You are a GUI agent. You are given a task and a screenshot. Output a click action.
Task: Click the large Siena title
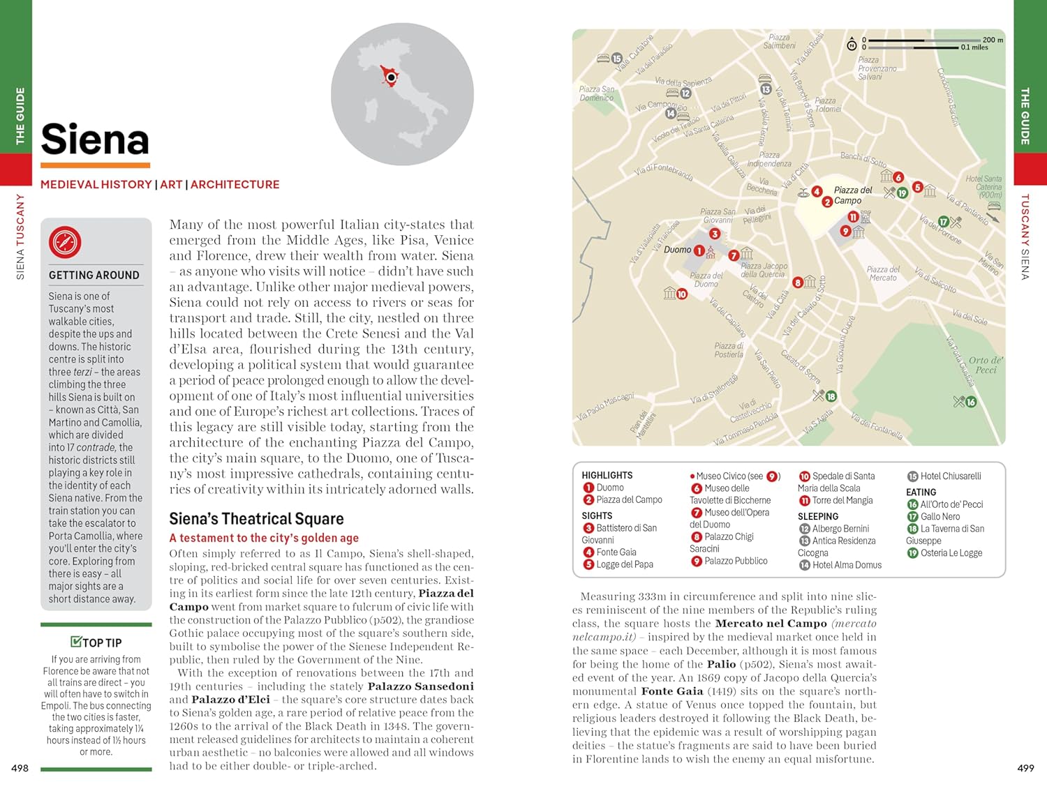pos(95,140)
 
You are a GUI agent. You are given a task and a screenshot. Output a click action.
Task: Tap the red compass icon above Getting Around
pos(65,243)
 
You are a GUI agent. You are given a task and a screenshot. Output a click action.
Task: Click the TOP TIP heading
pos(96,642)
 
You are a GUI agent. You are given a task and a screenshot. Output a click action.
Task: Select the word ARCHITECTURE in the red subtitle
pos(235,185)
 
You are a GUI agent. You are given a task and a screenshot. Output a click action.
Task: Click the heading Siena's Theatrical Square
pos(256,519)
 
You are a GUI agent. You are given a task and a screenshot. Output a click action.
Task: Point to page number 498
pos(20,768)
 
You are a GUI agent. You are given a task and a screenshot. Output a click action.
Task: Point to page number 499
pos(1025,768)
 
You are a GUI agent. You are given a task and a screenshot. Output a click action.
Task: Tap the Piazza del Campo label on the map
pos(852,195)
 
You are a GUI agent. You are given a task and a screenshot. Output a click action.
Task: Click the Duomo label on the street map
pos(677,250)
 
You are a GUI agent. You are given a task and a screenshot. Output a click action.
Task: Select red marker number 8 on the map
pos(798,283)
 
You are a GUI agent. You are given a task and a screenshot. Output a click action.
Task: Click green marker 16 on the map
pos(970,402)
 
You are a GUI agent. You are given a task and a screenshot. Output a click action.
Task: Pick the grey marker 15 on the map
pos(616,59)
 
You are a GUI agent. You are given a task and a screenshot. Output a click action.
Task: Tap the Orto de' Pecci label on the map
pos(986,365)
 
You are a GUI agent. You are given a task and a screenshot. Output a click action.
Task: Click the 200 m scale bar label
pos(993,40)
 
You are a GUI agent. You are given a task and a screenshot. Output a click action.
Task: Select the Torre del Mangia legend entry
pos(842,501)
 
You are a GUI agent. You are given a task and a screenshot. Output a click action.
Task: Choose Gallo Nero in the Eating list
pos(940,517)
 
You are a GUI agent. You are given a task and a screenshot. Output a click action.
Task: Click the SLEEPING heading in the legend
pos(817,517)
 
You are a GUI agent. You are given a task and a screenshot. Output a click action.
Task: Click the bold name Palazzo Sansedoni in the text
pos(420,686)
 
